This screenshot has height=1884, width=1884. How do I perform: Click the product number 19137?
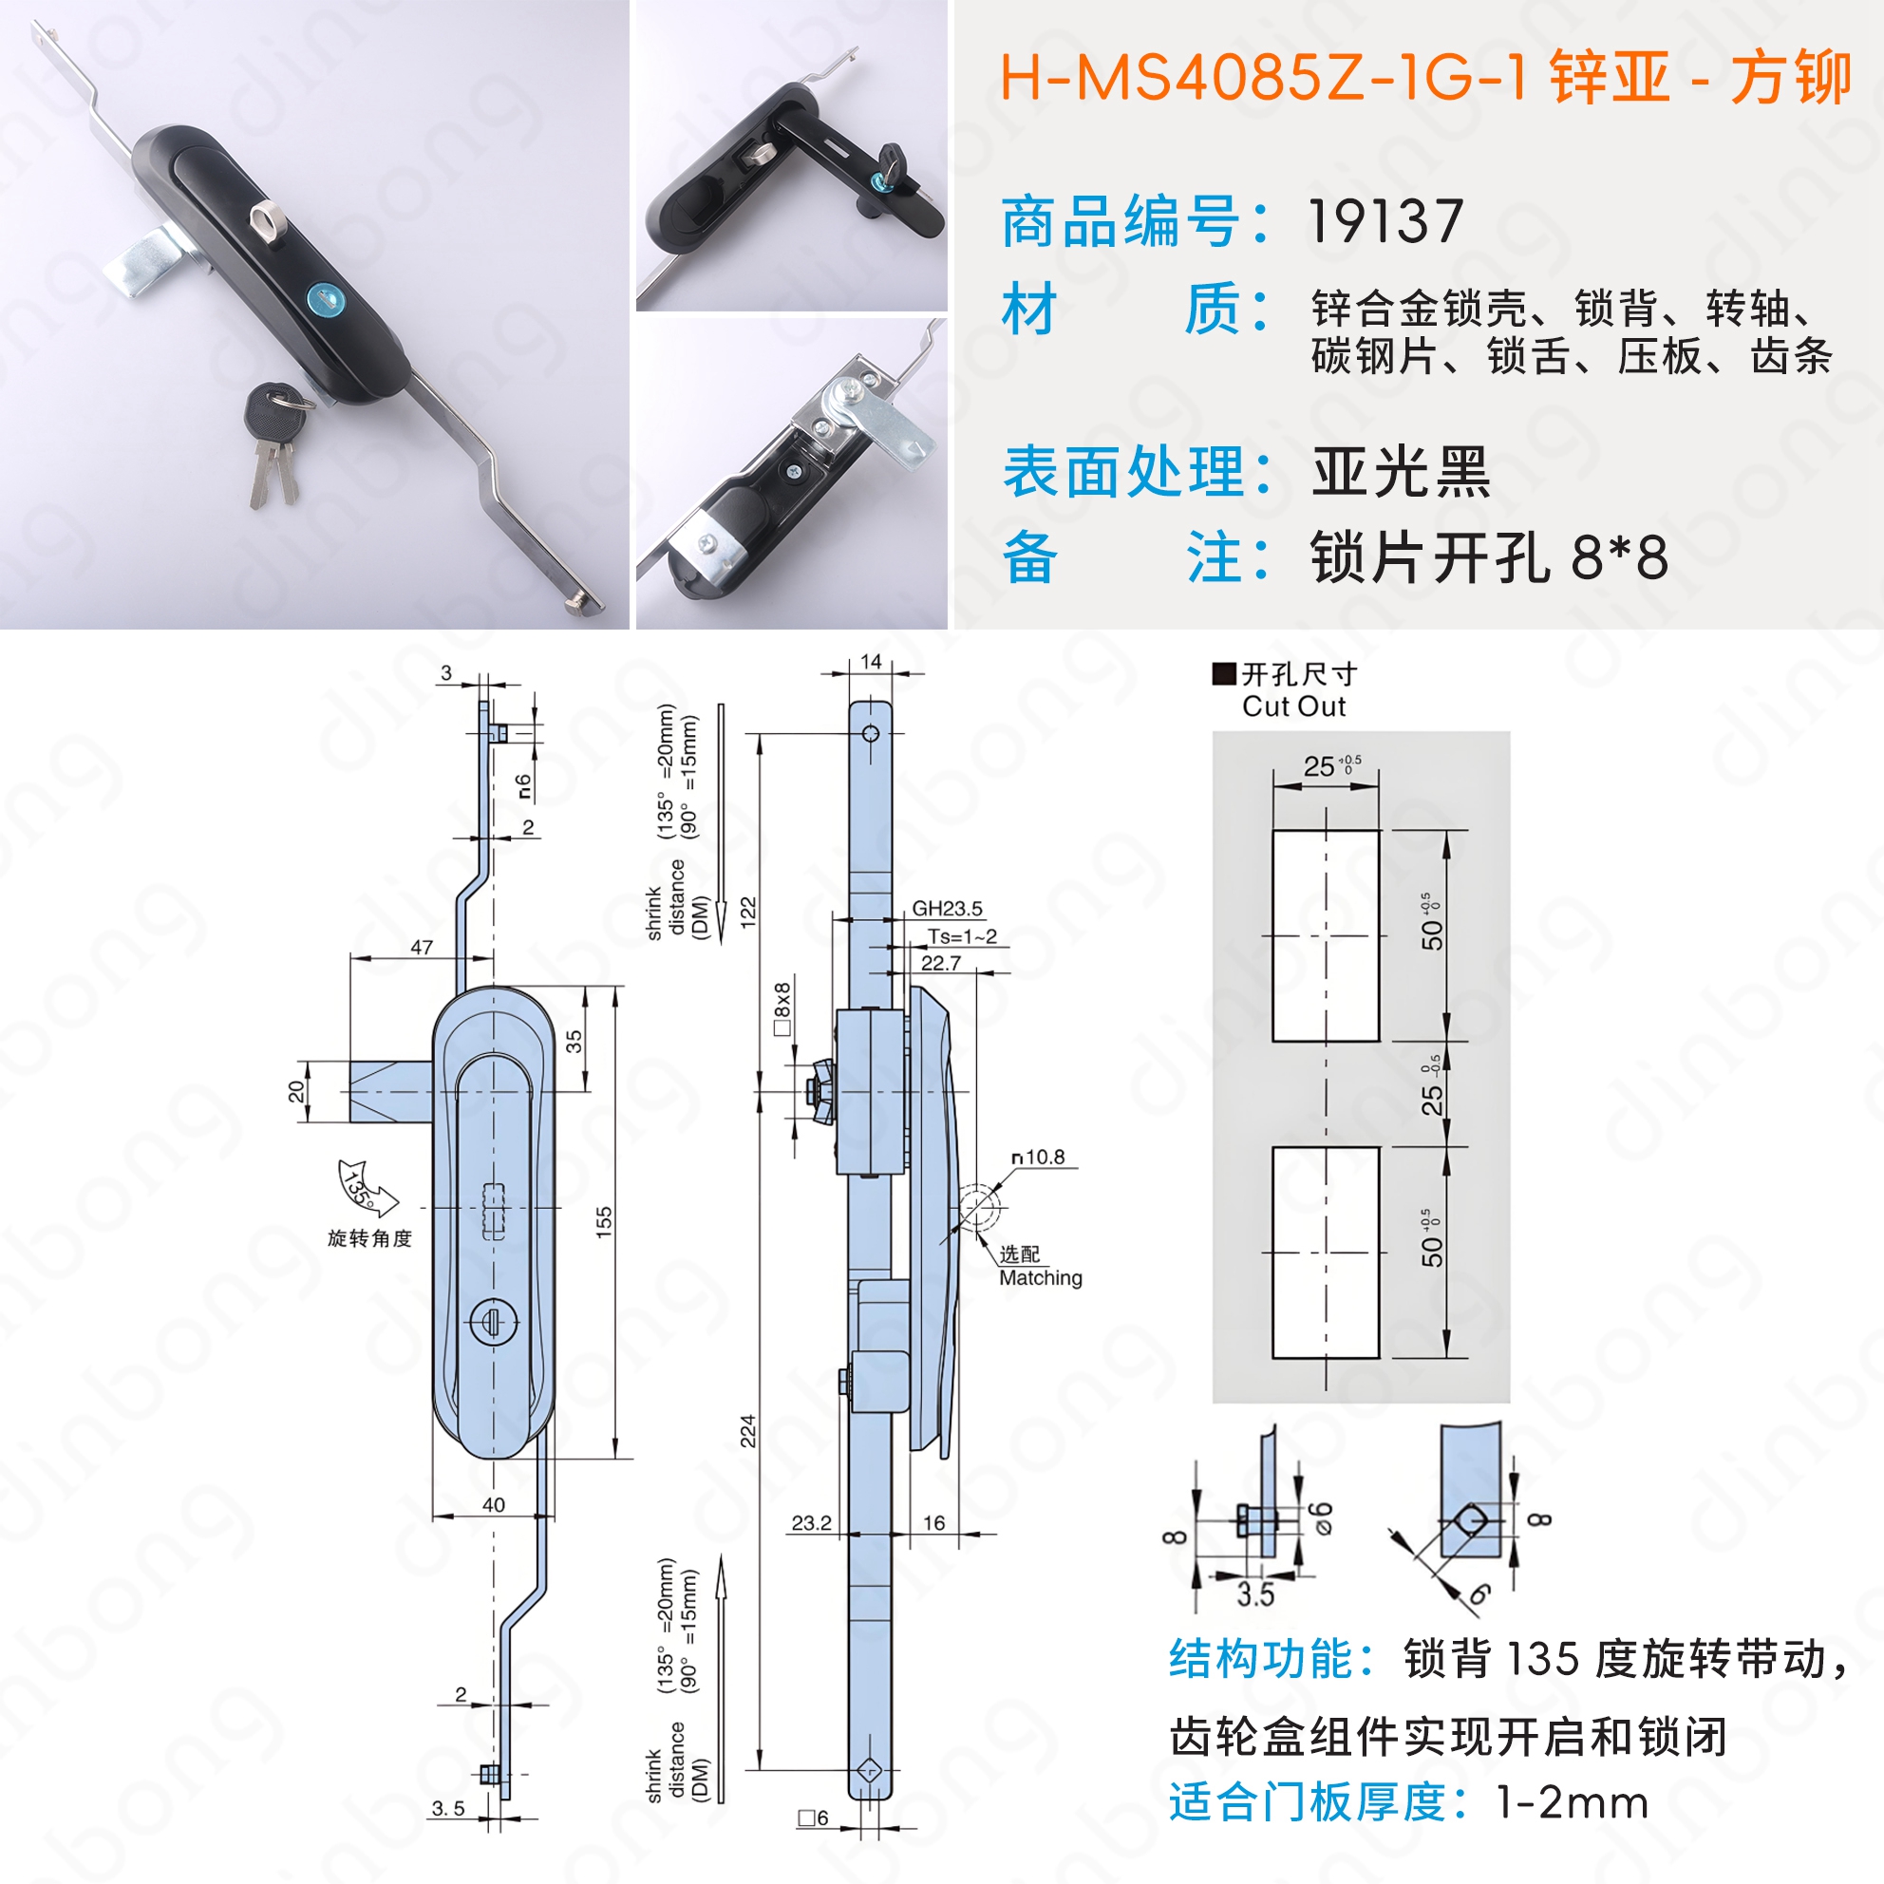click(x=1385, y=221)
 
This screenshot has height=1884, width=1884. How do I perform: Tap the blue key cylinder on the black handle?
click(x=323, y=297)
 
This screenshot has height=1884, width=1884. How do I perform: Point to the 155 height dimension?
click(x=604, y=1221)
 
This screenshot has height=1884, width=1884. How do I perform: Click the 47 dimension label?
click(x=422, y=947)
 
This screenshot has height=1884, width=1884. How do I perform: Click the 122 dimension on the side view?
click(x=748, y=913)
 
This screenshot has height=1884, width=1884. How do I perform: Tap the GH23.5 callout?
click(x=947, y=909)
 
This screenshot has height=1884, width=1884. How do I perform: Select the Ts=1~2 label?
click(x=962, y=936)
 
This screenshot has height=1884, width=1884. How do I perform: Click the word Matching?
click(x=1041, y=1277)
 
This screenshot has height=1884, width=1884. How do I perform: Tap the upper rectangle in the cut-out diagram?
click(x=1326, y=936)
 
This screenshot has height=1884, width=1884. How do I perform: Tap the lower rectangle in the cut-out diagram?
click(x=1326, y=1253)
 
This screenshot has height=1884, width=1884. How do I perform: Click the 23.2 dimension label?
click(x=811, y=1522)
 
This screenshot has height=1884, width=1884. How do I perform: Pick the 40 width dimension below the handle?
click(x=494, y=1505)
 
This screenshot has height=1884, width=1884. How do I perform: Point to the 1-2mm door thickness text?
click(x=1572, y=1802)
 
